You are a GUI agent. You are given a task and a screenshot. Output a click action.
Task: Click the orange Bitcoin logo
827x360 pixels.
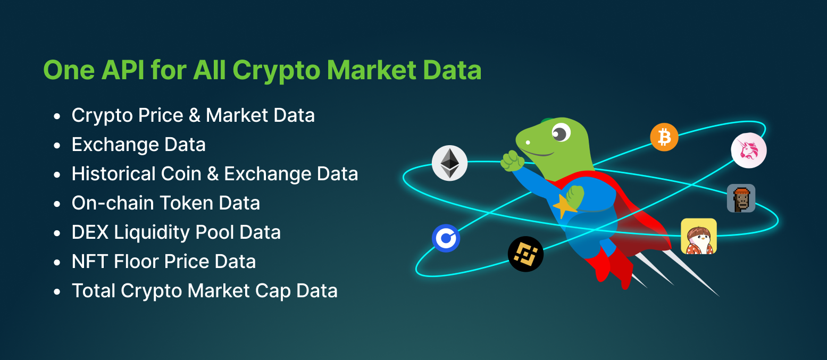[664, 137]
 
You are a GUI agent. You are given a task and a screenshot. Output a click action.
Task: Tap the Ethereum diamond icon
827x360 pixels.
[449, 163]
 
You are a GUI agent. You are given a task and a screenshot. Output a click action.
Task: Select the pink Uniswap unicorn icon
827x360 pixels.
[749, 150]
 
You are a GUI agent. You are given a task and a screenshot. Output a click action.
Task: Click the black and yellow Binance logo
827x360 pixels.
[525, 254]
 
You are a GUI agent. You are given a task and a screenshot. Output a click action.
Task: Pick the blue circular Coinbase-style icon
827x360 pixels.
[446, 238]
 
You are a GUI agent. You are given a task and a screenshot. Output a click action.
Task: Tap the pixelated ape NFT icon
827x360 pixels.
[741, 198]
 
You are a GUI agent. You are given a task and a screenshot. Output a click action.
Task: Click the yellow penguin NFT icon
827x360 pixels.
[699, 236]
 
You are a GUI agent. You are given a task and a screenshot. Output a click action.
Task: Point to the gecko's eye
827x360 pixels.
[559, 132]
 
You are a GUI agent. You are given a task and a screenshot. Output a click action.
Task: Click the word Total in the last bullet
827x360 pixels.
[94, 291]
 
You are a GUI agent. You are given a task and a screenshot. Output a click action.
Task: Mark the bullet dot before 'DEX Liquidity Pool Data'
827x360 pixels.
[57, 233]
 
